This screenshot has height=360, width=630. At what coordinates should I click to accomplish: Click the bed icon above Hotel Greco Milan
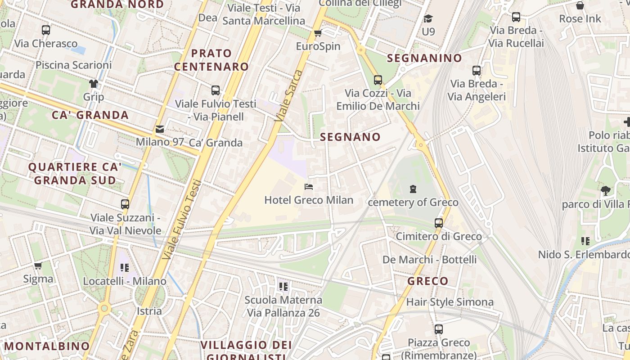(x=309, y=186)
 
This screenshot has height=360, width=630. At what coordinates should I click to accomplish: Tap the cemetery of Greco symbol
(x=413, y=189)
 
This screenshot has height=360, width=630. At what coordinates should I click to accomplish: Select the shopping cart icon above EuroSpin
(x=318, y=33)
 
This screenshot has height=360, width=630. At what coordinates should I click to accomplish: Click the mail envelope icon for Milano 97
(x=160, y=129)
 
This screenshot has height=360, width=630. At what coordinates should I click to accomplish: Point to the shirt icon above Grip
(x=94, y=84)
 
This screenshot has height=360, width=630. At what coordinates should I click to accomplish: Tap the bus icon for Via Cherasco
(x=46, y=30)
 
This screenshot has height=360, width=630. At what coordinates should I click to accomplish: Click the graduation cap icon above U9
(x=428, y=18)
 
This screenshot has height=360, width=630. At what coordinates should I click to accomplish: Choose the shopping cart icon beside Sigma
(x=38, y=266)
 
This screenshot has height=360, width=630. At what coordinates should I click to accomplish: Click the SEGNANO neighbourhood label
(x=350, y=137)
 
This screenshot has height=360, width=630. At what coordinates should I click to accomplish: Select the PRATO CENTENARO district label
(x=211, y=60)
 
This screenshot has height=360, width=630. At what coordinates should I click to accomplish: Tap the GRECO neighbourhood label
(x=428, y=281)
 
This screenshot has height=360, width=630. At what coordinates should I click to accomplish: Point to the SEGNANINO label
(x=424, y=58)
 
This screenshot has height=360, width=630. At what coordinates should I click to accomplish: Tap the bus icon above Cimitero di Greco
(x=439, y=223)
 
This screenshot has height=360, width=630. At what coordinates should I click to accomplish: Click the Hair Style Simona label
(x=450, y=302)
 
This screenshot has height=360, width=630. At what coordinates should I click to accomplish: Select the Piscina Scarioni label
(x=74, y=65)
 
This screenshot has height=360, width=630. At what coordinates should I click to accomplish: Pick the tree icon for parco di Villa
(x=605, y=191)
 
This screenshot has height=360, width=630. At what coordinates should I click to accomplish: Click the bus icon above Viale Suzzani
(x=125, y=204)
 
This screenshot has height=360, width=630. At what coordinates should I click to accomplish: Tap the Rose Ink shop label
(x=580, y=19)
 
